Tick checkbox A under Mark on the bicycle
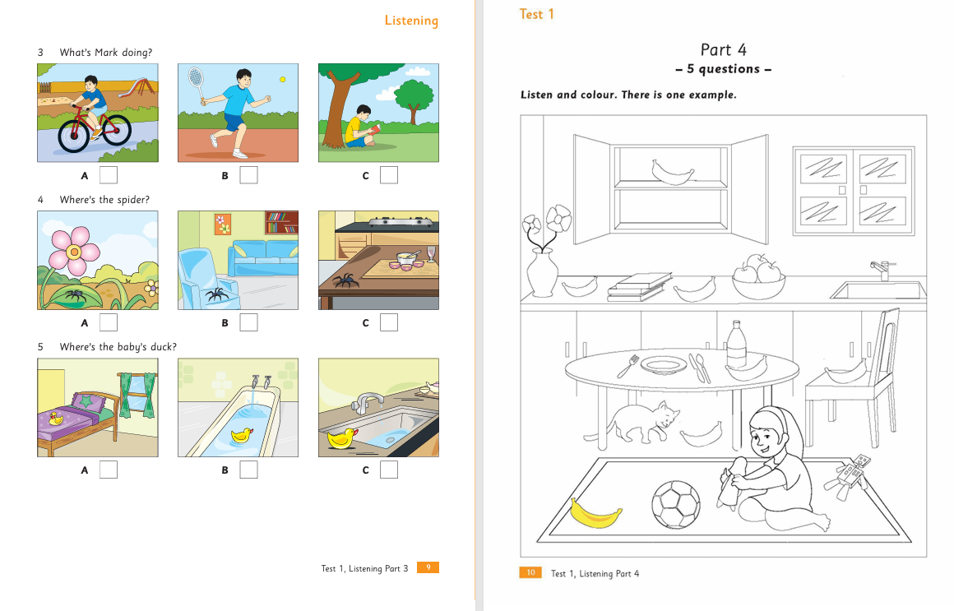click(x=109, y=175)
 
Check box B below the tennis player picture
click(x=248, y=175)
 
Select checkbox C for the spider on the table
click(x=389, y=322)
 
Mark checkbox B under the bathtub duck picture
click(x=248, y=470)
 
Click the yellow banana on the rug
click(x=595, y=514)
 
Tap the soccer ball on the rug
click(x=675, y=504)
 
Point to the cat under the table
click(x=632, y=421)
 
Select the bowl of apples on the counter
click(x=758, y=277)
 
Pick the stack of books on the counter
click(x=639, y=287)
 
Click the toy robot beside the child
click(x=848, y=475)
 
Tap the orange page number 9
click(x=428, y=567)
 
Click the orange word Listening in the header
click(x=411, y=21)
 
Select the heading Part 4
click(x=723, y=50)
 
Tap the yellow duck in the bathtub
click(x=242, y=434)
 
